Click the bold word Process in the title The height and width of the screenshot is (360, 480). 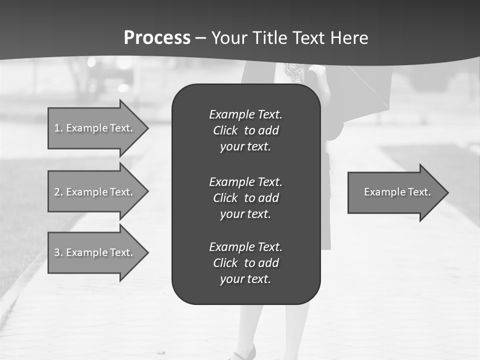tap(157, 38)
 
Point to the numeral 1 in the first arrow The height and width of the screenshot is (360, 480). tap(56, 128)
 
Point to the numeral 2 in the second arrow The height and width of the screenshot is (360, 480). tap(56, 192)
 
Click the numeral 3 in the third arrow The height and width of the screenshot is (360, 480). tap(56, 253)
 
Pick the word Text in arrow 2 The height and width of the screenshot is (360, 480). tap(120, 192)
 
